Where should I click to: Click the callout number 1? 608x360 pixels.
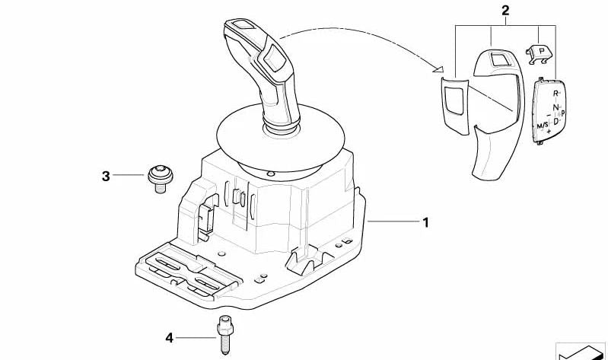(x=426, y=222)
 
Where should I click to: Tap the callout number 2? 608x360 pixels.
(x=505, y=10)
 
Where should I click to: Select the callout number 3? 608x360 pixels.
(x=106, y=177)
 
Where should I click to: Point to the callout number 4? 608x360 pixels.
(x=170, y=337)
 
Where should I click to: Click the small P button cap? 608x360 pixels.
(x=540, y=52)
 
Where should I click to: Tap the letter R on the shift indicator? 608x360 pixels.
(x=555, y=93)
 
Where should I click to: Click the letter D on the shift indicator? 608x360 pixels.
(x=555, y=121)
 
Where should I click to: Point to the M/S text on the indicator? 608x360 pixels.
(x=543, y=124)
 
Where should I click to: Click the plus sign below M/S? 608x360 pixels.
(x=548, y=132)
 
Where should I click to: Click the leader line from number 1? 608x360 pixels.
(x=392, y=222)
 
